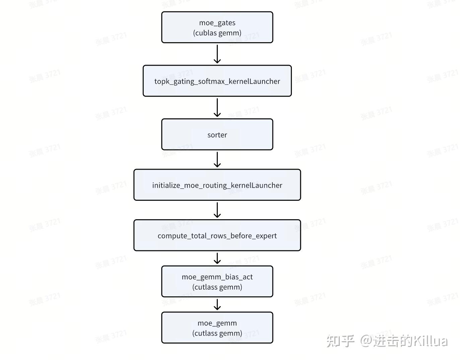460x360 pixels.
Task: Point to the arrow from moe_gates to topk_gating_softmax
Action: coord(217,54)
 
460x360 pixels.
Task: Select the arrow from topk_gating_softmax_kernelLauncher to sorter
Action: coord(217,108)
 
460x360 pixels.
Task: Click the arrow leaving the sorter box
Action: coord(217,160)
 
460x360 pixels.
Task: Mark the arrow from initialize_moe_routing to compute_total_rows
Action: coord(217,210)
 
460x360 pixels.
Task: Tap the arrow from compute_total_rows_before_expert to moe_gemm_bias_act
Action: coord(217,258)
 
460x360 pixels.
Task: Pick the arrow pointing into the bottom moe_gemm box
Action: coord(217,305)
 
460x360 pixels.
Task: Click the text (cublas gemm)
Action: coord(217,33)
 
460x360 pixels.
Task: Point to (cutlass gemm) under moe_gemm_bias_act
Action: coord(217,287)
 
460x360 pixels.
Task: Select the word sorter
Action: coord(217,135)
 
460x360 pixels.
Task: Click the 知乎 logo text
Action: coord(340,341)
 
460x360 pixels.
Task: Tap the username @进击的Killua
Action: coord(404,341)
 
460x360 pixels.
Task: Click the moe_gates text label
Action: coord(217,23)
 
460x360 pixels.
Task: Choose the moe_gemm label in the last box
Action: coord(217,323)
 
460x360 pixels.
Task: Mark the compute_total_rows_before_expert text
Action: coord(217,236)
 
